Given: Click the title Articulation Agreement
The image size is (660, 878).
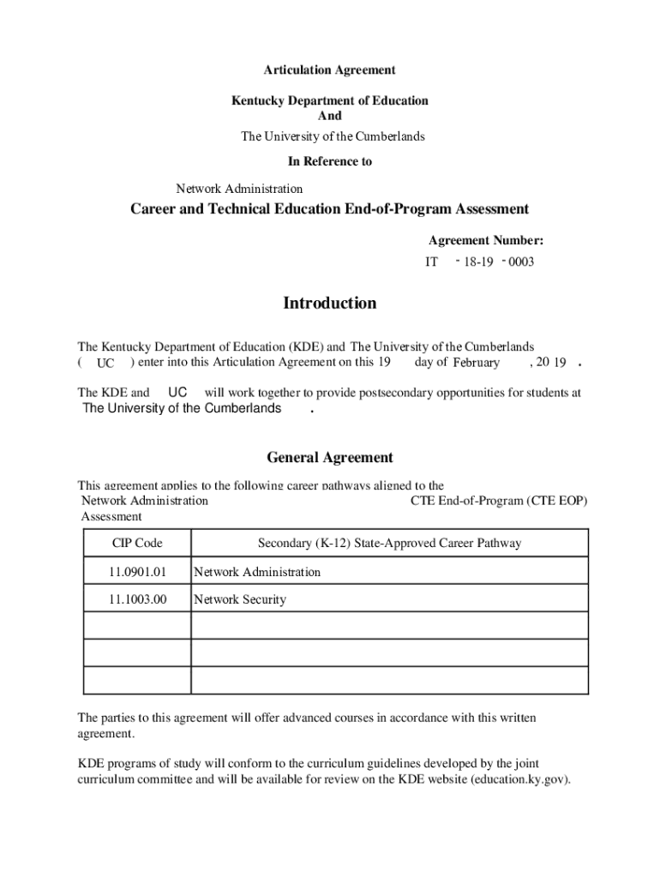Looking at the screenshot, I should pyautogui.click(x=329, y=69).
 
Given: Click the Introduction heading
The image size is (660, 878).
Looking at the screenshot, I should pyautogui.click(x=329, y=303).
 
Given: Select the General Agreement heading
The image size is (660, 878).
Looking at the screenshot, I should pyautogui.click(x=329, y=458).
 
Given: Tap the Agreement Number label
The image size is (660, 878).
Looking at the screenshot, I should pyautogui.click(x=485, y=241).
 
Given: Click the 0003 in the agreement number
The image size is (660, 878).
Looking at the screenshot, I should pyautogui.click(x=520, y=262).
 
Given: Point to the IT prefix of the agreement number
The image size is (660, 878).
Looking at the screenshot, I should pyautogui.click(x=432, y=262).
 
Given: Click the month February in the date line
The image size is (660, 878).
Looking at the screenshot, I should pyautogui.click(x=476, y=363).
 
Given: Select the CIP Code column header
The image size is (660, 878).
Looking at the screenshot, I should pyautogui.click(x=137, y=543).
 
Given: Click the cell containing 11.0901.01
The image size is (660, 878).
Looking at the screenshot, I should pyautogui.click(x=137, y=572).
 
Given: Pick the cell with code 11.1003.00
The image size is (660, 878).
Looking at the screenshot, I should pyautogui.click(x=137, y=599).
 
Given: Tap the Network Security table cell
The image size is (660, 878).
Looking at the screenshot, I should pyautogui.click(x=240, y=599).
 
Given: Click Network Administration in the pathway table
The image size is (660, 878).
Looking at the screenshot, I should pyautogui.click(x=257, y=572).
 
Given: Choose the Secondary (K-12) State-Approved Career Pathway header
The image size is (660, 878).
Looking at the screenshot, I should pyautogui.click(x=389, y=543).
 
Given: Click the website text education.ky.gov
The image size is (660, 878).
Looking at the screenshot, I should pyautogui.click(x=520, y=779).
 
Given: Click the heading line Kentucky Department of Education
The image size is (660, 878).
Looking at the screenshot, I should pyautogui.click(x=329, y=100).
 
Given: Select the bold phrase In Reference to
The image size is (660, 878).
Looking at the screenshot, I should pyautogui.click(x=329, y=161).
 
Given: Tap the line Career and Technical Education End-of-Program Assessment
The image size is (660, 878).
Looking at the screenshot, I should pyautogui.click(x=329, y=209).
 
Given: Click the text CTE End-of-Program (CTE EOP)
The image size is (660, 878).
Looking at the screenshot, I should pyautogui.click(x=499, y=501).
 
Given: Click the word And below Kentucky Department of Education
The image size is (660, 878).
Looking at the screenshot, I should pyautogui.click(x=329, y=116).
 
